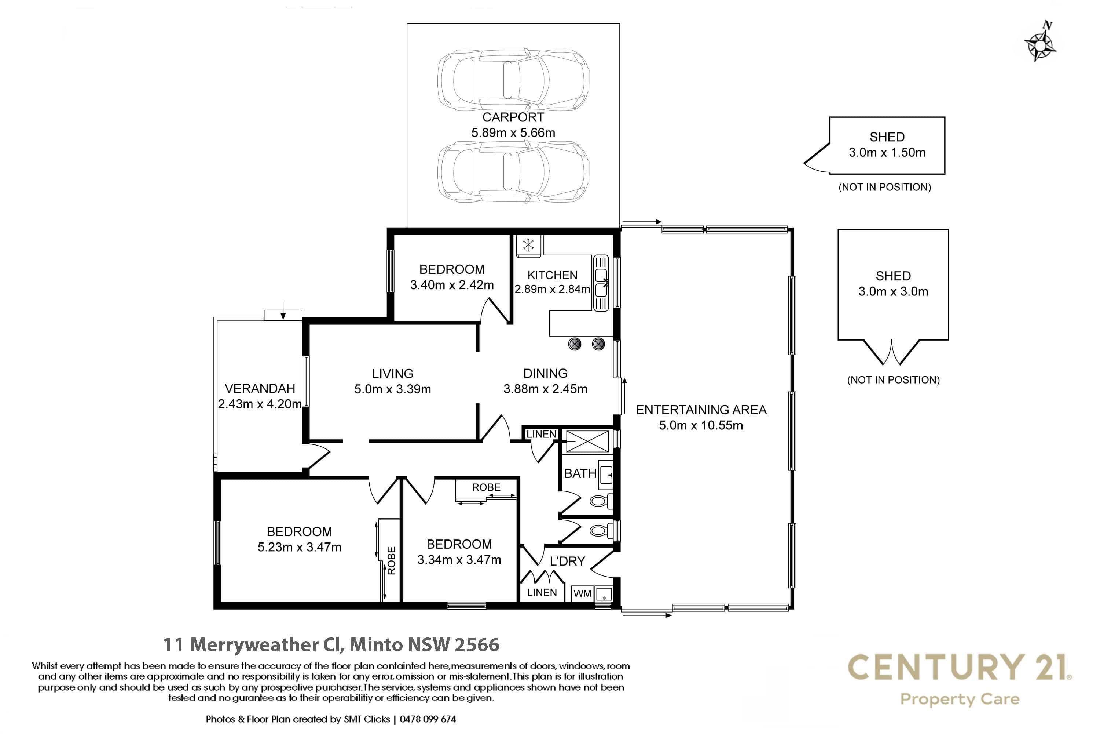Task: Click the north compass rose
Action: (x=1039, y=43)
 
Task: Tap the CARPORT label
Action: (x=513, y=117)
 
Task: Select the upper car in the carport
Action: (x=513, y=80)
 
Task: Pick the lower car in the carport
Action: (x=513, y=171)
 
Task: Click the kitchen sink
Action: (x=601, y=283)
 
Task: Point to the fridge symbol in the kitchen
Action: (x=528, y=245)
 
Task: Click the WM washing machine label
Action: (x=582, y=593)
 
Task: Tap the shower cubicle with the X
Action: (x=587, y=441)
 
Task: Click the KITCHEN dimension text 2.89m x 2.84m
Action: (x=552, y=289)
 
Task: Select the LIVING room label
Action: (x=392, y=374)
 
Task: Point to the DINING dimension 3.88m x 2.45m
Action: (x=545, y=389)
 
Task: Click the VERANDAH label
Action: (x=260, y=389)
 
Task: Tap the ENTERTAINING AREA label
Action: (x=701, y=410)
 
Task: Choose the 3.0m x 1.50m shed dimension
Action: (x=887, y=153)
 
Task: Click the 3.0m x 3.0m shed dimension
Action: (x=893, y=292)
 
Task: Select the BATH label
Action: (x=580, y=474)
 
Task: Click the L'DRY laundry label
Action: (x=567, y=561)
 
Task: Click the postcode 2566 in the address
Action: (x=477, y=645)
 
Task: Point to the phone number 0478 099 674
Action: (x=428, y=719)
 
